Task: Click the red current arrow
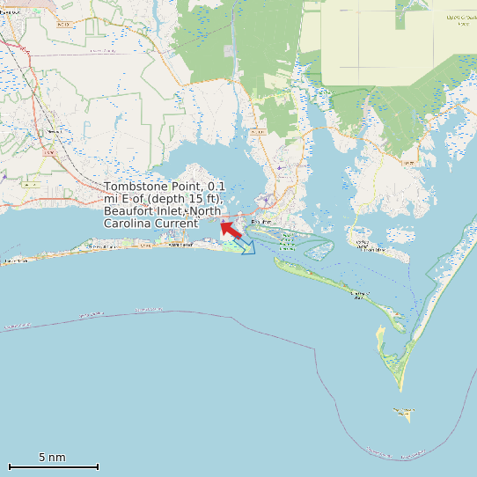[x=231, y=230]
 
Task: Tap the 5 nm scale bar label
[x=52, y=458]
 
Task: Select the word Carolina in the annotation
[x=128, y=224]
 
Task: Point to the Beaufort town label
[x=259, y=222]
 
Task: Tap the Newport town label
[x=54, y=132]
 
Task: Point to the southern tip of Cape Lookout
[x=400, y=387]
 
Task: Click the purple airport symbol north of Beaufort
[x=279, y=166]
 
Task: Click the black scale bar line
[x=53, y=466]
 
